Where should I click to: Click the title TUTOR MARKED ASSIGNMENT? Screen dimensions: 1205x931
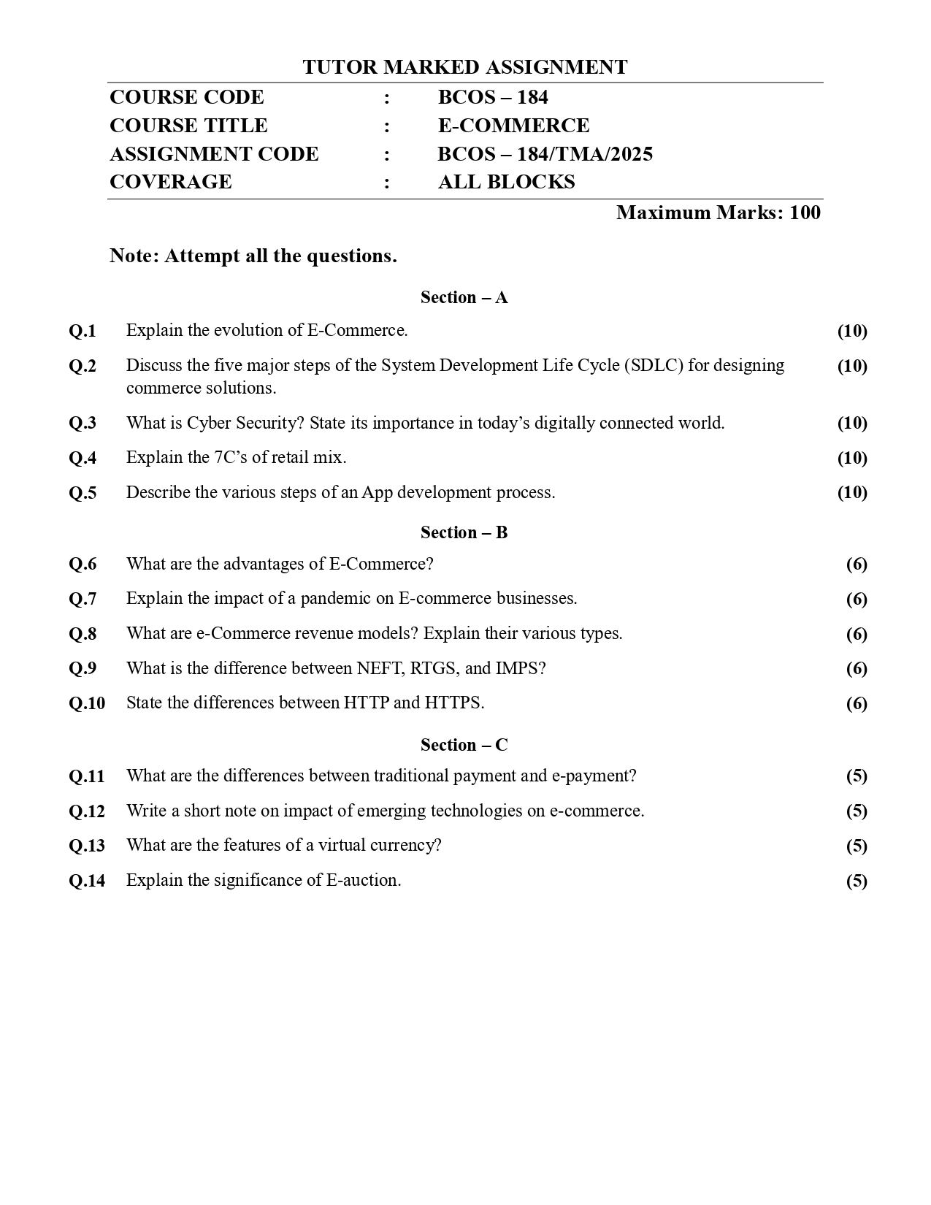tap(464, 67)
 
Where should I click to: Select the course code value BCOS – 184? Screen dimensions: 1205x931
tap(493, 97)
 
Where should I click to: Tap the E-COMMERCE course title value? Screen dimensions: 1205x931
tap(513, 126)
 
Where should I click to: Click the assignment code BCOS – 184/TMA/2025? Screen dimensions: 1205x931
tap(545, 154)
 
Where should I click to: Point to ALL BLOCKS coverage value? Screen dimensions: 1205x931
tap(506, 182)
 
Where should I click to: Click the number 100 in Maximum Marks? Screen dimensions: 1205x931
tap(805, 213)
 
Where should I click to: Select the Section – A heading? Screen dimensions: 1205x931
tap(464, 297)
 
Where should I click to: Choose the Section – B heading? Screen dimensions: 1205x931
tap(464, 532)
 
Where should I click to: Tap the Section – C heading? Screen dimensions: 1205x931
tap(464, 745)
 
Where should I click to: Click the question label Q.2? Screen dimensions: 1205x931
tap(83, 366)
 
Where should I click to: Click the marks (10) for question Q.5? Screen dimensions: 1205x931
tap(851, 492)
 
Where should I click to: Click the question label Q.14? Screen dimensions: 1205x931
tap(87, 881)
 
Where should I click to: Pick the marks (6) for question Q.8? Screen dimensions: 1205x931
tap(856, 634)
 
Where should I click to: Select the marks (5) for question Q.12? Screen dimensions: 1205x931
tap(856, 811)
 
